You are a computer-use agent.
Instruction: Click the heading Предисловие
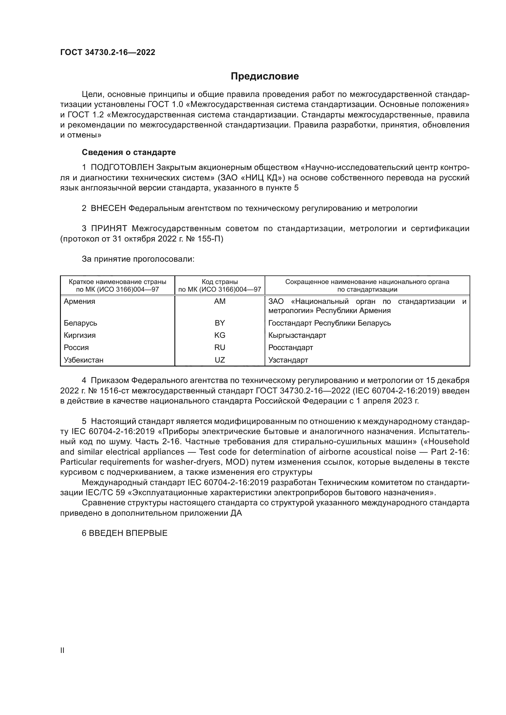click(265, 76)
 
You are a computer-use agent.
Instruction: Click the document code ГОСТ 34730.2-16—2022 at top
click(107, 52)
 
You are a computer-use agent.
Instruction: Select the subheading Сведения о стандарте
click(129, 152)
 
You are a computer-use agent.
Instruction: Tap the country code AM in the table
click(220, 301)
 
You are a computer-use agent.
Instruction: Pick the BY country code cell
click(220, 323)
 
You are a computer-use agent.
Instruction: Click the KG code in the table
click(220, 335)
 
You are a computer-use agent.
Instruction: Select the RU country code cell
click(220, 348)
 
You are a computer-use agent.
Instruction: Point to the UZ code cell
click(220, 360)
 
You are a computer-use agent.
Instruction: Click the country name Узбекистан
click(84, 360)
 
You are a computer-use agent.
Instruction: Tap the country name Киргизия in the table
click(80, 335)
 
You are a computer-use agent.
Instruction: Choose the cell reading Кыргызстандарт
click(297, 335)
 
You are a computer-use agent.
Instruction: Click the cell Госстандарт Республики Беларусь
click(329, 323)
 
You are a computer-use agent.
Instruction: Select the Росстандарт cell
click(291, 348)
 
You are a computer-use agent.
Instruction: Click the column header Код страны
click(220, 282)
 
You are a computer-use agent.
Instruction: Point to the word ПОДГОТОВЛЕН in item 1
click(122, 168)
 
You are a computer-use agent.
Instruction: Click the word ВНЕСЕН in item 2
click(108, 208)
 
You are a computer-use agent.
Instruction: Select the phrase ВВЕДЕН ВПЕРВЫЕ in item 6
click(128, 533)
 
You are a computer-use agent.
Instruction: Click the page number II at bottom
click(62, 650)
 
